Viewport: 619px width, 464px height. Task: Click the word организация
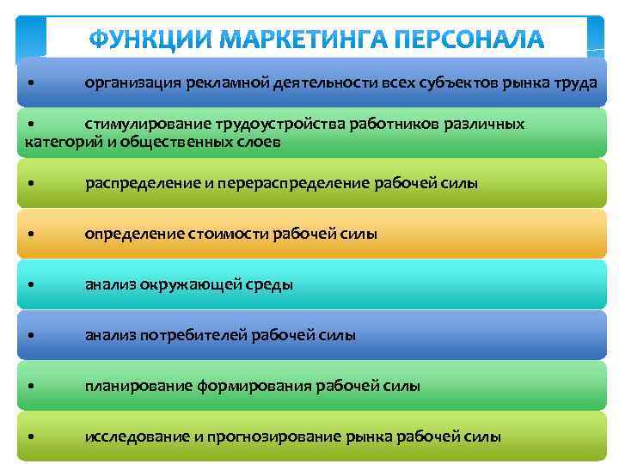(x=129, y=82)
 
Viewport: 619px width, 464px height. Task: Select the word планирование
(x=136, y=386)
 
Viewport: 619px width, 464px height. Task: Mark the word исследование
(x=138, y=437)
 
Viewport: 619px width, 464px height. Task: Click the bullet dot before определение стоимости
(x=31, y=234)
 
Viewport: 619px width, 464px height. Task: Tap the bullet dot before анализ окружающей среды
(x=31, y=284)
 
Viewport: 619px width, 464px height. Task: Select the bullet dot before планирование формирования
(x=31, y=386)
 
